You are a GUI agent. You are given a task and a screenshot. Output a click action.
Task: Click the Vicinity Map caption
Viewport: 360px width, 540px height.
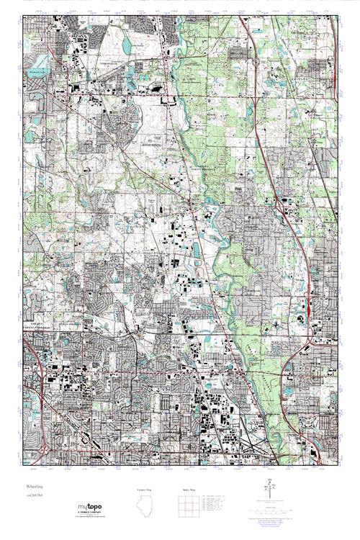point(145,489)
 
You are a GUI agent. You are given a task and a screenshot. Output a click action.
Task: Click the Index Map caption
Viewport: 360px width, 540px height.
point(189,489)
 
